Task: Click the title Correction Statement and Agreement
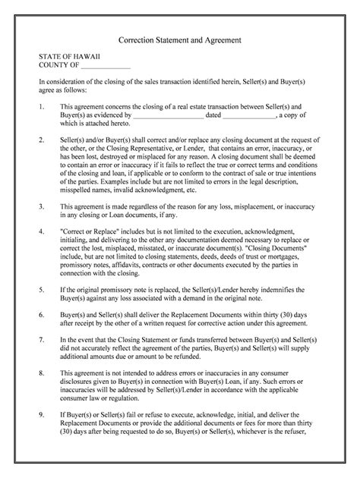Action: pos(180,38)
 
